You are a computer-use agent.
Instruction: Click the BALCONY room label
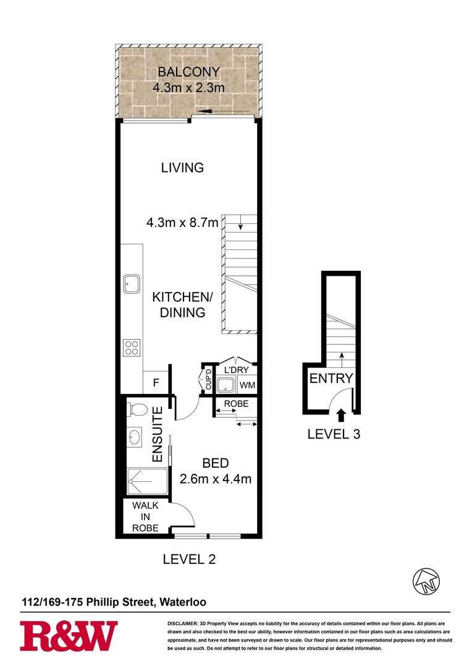tap(188, 72)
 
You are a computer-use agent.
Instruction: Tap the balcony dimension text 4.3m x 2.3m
tap(188, 88)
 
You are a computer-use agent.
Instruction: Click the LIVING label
tap(182, 168)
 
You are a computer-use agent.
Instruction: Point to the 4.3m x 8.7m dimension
tap(182, 222)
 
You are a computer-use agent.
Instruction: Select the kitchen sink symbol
tap(131, 284)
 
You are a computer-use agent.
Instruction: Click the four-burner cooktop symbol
tap(131, 347)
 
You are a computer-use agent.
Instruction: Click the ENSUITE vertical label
tap(157, 435)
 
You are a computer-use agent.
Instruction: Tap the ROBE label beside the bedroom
tap(236, 404)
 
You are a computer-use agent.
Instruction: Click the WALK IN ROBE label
tap(146, 517)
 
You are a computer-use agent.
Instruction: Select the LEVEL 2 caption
tap(189, 560)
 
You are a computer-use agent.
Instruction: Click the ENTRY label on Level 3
tap(331, 379)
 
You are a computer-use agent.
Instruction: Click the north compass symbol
tap(427, 581)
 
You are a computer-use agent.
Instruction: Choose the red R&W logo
tap(69, 636)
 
